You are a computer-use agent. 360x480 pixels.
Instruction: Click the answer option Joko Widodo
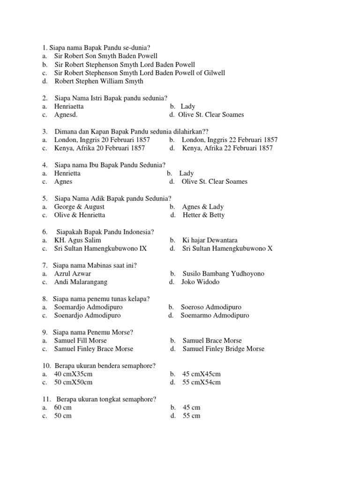tap(201, 282)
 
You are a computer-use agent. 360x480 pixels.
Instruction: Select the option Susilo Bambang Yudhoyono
tap(223, 273)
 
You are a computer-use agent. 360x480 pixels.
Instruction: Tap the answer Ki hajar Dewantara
tap(210, 240)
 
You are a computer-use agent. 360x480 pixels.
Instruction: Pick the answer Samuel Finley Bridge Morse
tap(223, 349)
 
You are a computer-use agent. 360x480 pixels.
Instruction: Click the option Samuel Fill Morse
tap(80, 340)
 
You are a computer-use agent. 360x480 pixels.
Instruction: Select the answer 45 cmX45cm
tap(201, 374)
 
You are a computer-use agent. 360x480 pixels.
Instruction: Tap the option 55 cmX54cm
tap(201, 382)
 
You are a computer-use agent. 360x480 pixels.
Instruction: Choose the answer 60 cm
tap(63, 407)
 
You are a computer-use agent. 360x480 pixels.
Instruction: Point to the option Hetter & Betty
tap(203, 215)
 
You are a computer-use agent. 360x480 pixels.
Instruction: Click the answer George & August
tap(79, 207)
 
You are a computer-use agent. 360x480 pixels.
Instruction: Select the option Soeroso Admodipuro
tap(211, 307)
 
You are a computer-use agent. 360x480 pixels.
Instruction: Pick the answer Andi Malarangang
tap(81, 282)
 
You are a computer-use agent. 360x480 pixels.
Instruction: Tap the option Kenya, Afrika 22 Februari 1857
tap(227, 148)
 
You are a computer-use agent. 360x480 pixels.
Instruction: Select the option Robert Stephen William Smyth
tap(99, 81)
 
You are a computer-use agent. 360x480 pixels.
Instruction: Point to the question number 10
tap(46, 365)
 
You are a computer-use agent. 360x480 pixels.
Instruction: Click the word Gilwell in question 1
tap(213, 73)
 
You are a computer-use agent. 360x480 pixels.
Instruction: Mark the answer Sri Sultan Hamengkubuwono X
tap(227, 248)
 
